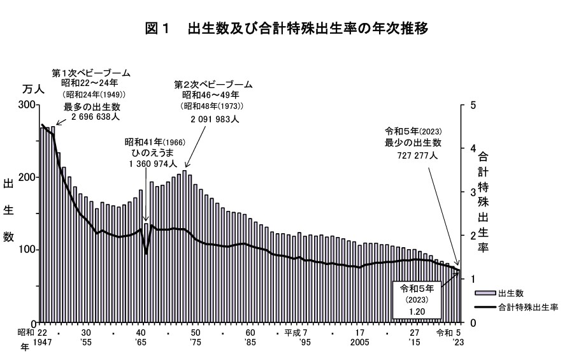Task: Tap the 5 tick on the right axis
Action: pos(473,104)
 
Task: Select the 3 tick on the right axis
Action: pos(473,192)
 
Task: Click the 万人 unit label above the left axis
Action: pos(33,89)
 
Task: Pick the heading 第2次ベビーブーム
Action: pos(213,84)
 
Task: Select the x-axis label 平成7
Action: pos(296,333)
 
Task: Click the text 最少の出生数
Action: pos(413,143)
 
